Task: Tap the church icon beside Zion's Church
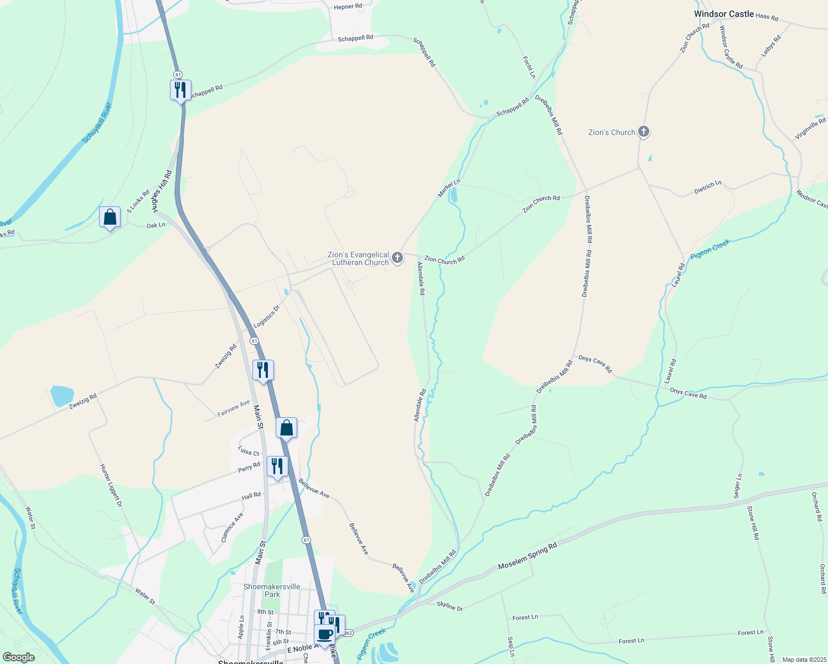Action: (643, 132)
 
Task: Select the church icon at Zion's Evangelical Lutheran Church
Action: (397, 257)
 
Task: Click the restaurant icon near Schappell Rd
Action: (180, 89)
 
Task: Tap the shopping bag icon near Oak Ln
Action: (110, 217)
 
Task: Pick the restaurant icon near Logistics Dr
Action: (263, 370)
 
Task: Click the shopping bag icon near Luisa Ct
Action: (286, 428)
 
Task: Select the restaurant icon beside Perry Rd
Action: (277, 466)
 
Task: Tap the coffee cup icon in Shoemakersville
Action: (325, 634)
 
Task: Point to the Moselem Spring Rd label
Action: (527, 557)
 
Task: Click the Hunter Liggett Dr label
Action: (110, 486)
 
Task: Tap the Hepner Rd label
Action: (348, 7)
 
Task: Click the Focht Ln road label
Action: (529, 66)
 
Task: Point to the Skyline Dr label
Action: (449, 606)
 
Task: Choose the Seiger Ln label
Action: (738, 485)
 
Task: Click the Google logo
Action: (18, 657)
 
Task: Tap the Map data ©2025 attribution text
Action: (804, 660)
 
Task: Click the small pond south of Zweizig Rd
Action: (61, 396)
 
